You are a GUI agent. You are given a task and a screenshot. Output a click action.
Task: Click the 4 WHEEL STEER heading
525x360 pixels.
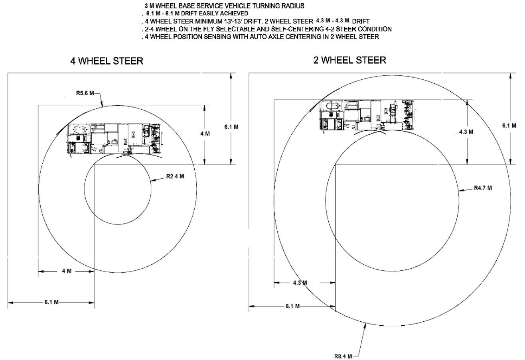pos(107,61)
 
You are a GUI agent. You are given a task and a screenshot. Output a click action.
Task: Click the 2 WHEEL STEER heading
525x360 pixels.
pos(350,60)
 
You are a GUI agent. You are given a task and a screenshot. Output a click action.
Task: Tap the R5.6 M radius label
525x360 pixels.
pos(85,93)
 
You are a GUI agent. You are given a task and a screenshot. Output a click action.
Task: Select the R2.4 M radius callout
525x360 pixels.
pos(175,176)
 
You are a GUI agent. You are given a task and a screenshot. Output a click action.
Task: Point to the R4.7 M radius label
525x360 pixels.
pos(483,188)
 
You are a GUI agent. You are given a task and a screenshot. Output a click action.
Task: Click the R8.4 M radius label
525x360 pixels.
pos(343,356)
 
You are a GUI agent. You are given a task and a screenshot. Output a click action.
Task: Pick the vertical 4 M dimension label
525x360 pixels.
pos(205,134)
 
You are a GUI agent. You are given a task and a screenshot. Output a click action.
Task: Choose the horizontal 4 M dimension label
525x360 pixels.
pos(67,271)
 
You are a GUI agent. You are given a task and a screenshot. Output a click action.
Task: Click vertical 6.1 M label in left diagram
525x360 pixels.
pos(231,127)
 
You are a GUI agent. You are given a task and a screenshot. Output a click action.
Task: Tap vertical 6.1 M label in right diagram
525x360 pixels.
pos(509,126)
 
